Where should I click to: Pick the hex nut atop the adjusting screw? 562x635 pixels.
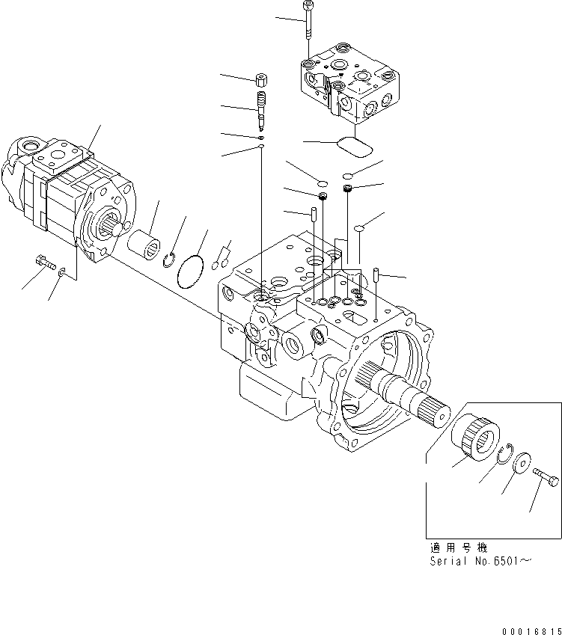point(262,80)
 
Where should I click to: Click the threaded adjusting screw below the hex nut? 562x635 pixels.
point(261,105)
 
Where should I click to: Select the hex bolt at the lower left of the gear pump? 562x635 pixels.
point(45,262)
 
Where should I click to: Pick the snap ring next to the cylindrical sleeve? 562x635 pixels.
point(170,259)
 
